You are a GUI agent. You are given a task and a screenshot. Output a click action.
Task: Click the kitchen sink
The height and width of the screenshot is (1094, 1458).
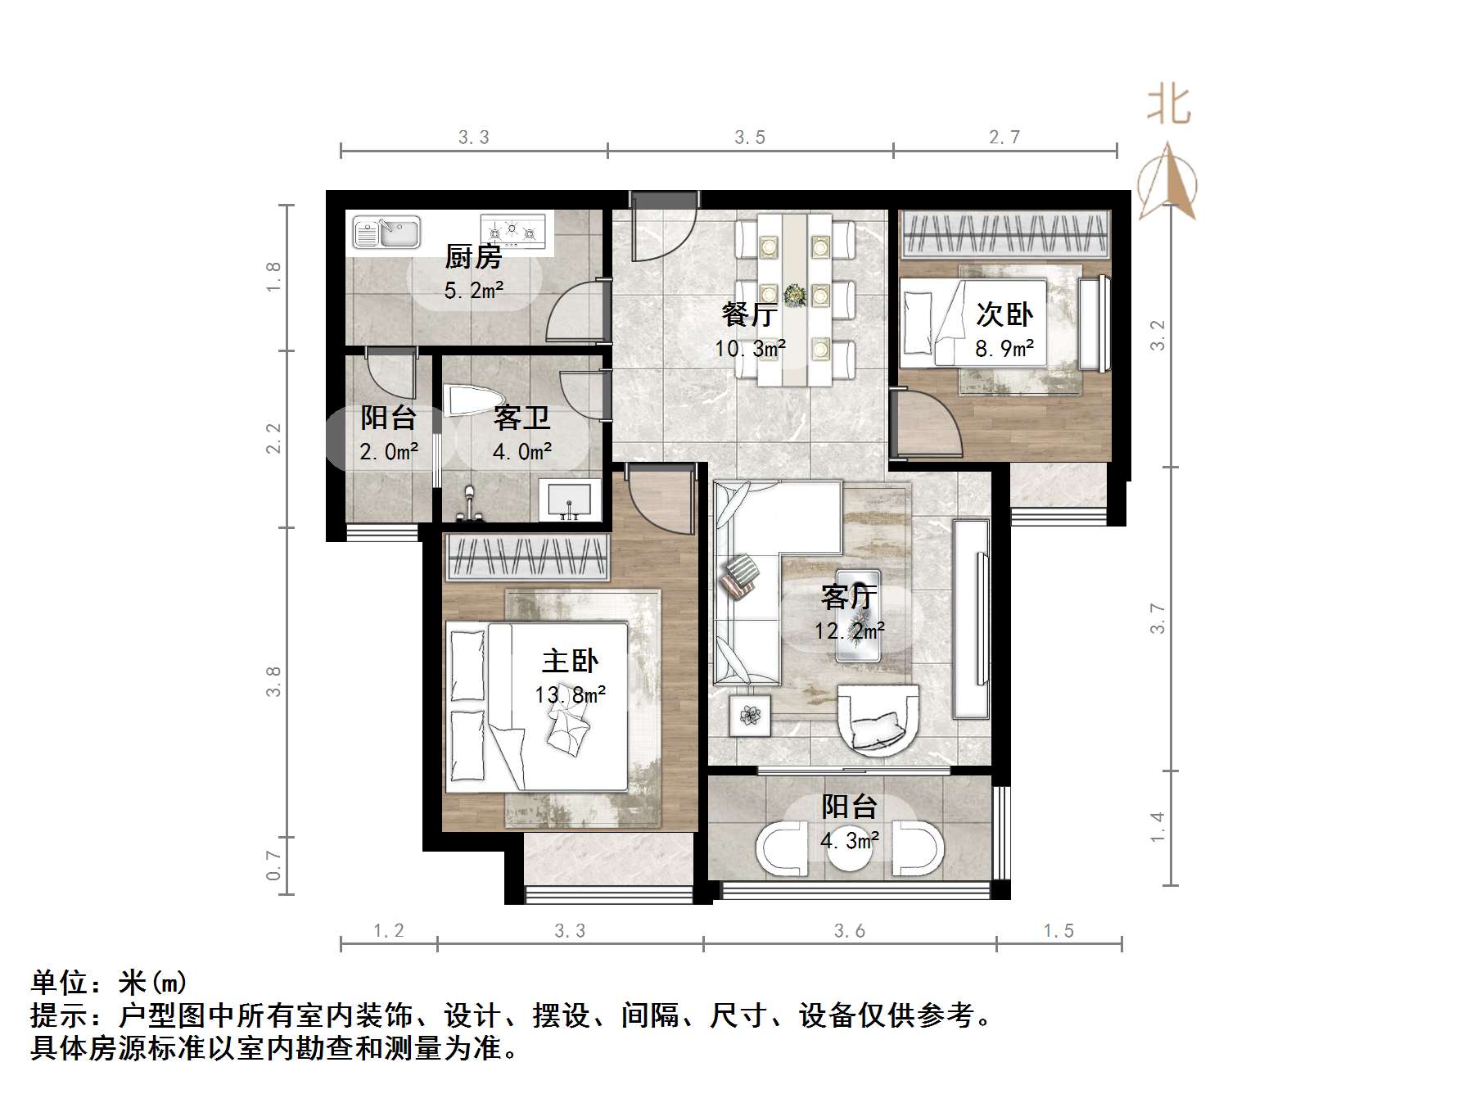click(386, 233)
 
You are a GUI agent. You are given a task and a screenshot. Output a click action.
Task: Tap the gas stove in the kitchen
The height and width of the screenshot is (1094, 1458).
click(512, 230)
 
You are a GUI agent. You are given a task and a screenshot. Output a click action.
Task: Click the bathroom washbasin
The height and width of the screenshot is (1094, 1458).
click(569, 500)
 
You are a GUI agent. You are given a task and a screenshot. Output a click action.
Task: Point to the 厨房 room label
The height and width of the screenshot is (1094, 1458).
click(473, 257)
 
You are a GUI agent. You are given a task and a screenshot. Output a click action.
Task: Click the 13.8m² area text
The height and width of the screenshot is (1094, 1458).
click(570, 695)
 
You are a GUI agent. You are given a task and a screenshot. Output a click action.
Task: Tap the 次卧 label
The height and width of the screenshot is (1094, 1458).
click(1004, 314)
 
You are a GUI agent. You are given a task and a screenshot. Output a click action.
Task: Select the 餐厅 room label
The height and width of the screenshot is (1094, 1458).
click(749, 314)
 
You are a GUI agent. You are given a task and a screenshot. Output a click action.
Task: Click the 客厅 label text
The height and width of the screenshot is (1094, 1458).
click(849, 597)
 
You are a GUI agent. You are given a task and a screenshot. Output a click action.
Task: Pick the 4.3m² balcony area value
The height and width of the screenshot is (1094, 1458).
click(850, 840)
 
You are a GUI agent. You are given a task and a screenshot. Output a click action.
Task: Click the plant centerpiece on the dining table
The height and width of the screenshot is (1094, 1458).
click(794, 295)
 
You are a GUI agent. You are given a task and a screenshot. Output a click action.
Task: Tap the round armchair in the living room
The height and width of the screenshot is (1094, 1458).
click(878, 718)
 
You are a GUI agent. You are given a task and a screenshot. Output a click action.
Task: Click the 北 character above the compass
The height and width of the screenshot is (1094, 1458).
click(1168, 106)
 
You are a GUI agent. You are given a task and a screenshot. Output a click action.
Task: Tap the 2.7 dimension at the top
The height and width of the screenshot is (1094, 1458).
click(1004, 137)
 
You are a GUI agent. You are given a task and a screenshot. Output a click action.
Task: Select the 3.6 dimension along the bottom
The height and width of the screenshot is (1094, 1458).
click(850, 930)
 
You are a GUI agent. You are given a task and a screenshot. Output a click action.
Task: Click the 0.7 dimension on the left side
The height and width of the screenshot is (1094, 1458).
click(273, 866)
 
